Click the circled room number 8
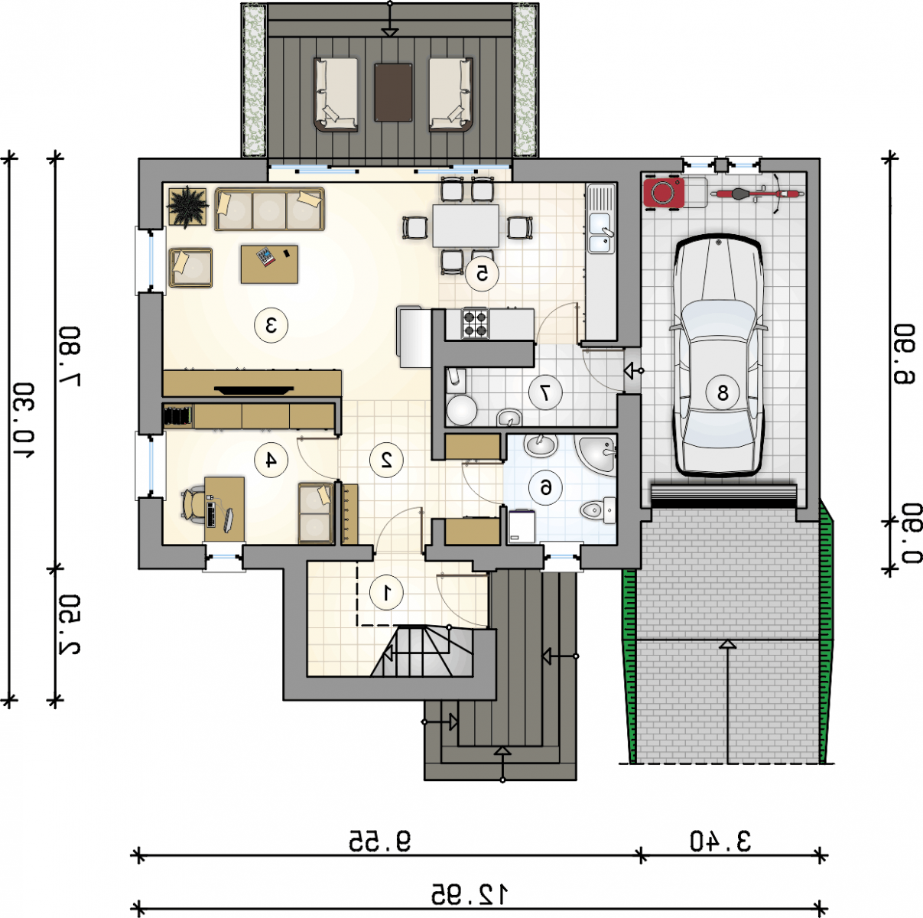pyautogui.click(x=723, y=392)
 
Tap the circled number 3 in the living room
pyautogui.click(x=271, y=325)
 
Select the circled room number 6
pyautogui.click(x=545, y=488)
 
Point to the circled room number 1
pyautogui.click(x=386, y=593)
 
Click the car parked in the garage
pyautogui.click(x=719, y=356)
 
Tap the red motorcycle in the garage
pyautogui.click(x=757, y=194)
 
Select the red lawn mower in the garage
pyautogui.click(x=664, y=193)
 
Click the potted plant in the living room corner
pyautogui.click(x=188, y=207)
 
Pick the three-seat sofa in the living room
pyautogui.click(x=270, y=209)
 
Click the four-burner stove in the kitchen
pyautogui.click(x=475, y=324)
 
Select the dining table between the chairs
pyautogui.click(x=466, y=226)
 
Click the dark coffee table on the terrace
pyautogui.click(x=393, y=92)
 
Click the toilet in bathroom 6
pyautogui.click(x=597, y=510)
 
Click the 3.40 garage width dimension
pyautogui.click(x=720, y=841)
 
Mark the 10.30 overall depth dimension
pyautogui.click(x=22, y=420)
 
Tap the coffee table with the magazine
pyautogui.click(x=270, y=265)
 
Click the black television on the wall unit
pyautogui.click(x=254, y=389)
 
